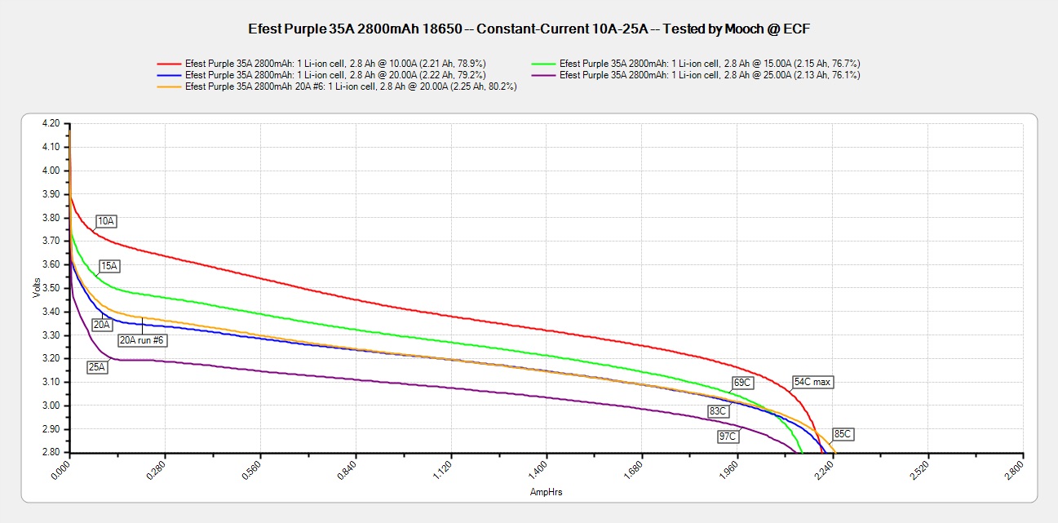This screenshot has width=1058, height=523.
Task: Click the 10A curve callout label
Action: point(106,221)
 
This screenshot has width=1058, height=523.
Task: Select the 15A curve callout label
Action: point(109,266)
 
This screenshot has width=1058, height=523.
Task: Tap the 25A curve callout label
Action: point(97,367)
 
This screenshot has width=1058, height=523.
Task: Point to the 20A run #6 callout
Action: point(143,340)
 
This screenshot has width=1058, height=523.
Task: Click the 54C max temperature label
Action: point(813,382)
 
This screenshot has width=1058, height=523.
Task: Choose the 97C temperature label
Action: point(728,437)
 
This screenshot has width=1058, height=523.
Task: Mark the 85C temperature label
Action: point(843,434)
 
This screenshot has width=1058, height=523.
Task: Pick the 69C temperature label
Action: point(742,382)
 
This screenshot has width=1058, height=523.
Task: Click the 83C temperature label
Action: point(718,411)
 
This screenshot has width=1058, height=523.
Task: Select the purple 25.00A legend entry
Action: point(709,75)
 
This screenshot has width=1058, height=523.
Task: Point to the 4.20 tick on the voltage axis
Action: point(50,123)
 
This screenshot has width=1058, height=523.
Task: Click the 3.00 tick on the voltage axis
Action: point(50,406)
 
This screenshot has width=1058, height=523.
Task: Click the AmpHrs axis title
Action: point(546,492)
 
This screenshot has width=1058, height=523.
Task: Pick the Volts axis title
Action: point(36,288)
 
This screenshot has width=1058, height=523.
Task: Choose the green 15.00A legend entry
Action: point(710,64)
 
